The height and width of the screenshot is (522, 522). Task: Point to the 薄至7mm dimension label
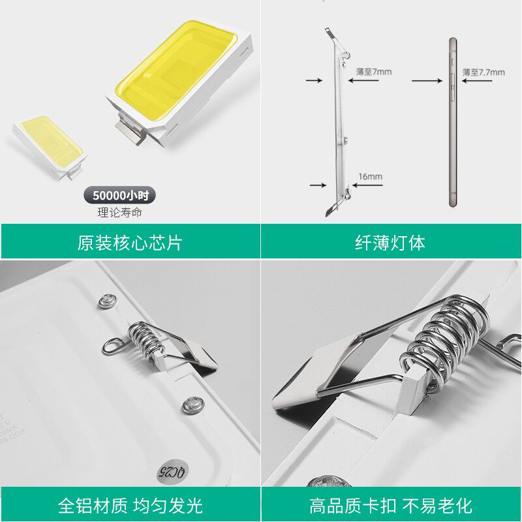point(374,72)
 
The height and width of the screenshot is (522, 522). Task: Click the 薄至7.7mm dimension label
point(484,72)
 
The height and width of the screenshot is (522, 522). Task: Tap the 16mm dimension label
point(370,176)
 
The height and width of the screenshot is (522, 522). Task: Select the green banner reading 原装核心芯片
point(130,243)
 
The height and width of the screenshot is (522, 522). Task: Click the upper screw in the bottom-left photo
point(107,301)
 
